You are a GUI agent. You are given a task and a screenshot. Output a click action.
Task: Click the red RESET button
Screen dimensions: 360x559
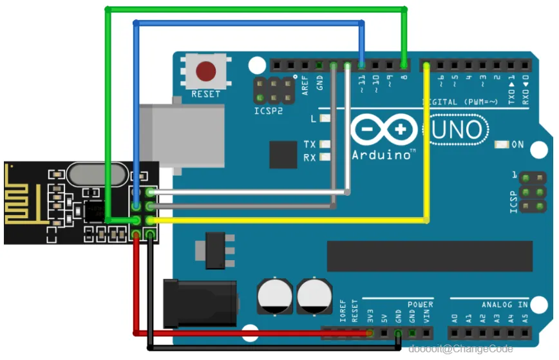[x=206, y=70]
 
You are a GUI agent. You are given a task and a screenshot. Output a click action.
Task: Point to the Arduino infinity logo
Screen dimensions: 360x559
[x=383, y=129]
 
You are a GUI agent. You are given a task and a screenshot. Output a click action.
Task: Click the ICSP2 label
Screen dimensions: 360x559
[x=269, y=111]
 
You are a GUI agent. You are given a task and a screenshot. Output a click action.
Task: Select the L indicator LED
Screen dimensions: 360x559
[x=325, y=118]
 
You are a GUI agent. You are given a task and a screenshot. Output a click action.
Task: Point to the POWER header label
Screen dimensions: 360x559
[x=420, y=304]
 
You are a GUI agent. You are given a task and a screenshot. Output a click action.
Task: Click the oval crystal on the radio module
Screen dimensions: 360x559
[x=95, y=173]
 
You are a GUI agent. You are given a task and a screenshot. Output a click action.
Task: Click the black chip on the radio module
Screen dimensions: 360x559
[x=95, y=211]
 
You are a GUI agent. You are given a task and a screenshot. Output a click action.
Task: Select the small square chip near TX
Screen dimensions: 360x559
[x=283, y=155]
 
